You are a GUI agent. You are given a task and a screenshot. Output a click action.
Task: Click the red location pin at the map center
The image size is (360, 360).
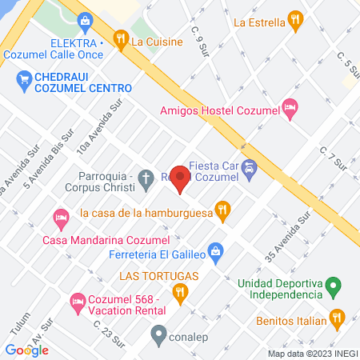tap(180, 178)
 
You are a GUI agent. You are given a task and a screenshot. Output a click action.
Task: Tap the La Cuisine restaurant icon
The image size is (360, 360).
tap(121, 37)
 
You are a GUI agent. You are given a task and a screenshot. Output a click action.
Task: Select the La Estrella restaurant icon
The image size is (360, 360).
tap(295, 22)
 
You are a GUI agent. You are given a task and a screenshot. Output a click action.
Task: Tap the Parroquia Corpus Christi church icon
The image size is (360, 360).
tap(145, 180)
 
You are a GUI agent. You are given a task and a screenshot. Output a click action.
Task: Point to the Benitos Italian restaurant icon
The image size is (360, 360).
tap(338, 319)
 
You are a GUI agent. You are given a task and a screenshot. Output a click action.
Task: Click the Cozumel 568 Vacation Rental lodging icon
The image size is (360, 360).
tap(78, 302)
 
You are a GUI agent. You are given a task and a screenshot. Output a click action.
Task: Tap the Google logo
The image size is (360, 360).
tap(26, 350)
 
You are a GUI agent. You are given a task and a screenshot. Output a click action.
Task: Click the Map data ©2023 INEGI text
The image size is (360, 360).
tap(311, 354)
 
